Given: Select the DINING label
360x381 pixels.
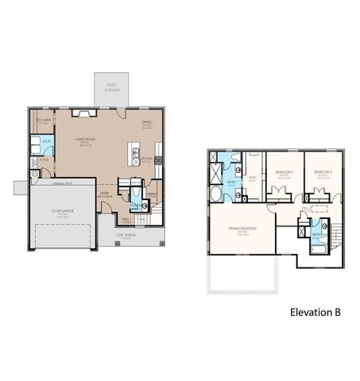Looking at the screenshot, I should [x=146, y=124].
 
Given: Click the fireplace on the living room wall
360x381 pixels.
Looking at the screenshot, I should [x=83, y=114].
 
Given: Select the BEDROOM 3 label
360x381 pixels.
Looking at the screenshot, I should [x=284, y=172].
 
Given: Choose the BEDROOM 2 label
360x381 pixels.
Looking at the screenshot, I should [x=322, y=172].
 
